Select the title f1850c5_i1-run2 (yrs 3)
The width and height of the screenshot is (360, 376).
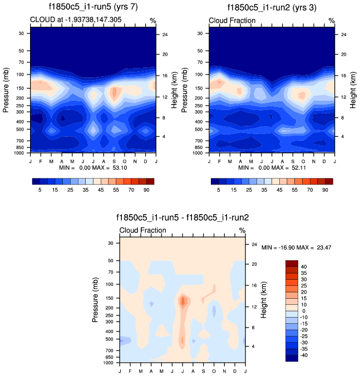point(272,7)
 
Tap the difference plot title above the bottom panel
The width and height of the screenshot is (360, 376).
point(182,217)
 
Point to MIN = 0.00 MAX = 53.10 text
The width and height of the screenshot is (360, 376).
point(93,167)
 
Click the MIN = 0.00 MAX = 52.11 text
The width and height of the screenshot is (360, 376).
point(272,167)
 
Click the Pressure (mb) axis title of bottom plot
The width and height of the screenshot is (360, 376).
point(96,299)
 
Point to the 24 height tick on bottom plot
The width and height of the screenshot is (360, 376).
point(254,244)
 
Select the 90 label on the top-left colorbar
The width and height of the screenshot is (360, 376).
point(146,190)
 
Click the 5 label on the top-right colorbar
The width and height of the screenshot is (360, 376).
point(219,190)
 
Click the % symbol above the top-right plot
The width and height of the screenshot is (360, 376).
point(331,20)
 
